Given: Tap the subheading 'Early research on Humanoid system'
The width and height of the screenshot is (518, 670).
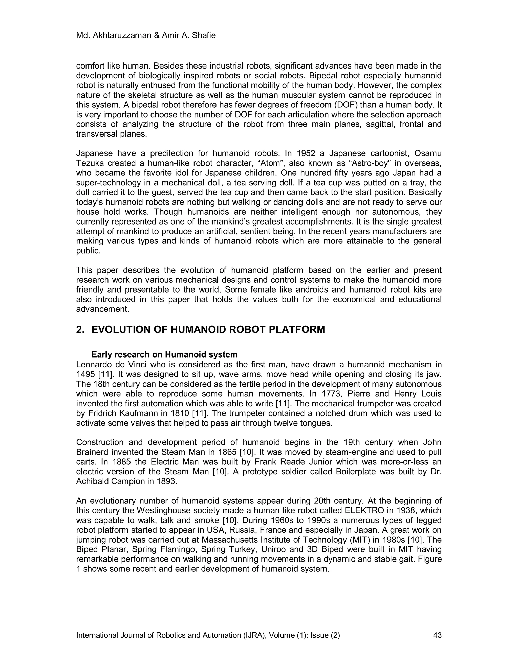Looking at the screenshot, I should click(x=164, y=355).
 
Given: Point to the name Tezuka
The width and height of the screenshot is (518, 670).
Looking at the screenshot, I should click(x=89, y=163).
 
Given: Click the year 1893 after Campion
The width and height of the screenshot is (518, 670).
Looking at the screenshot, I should click(x=166, y=481).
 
